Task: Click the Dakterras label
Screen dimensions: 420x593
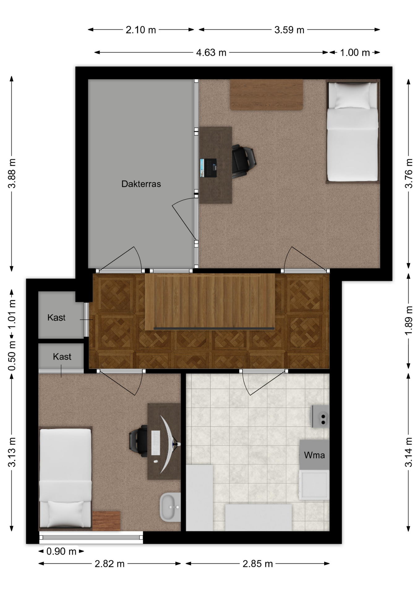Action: [x=141, y=184]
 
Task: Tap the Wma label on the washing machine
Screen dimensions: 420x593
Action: [x=314, y=455]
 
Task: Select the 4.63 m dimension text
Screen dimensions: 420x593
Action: [x=211, y=53]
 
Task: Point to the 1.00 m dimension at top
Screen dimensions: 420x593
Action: [x=355, y=53]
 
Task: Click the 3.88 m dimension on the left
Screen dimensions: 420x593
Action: [x=12, y=173]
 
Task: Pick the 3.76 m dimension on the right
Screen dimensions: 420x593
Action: [x=409, y=173]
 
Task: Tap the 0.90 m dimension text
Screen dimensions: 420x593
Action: [x=61, y=551]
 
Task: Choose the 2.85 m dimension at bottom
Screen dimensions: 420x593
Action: [x=258, y=564]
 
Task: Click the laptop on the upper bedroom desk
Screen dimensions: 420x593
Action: [x=208, y=168]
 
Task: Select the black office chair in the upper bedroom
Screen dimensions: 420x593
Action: [x=244, y=161]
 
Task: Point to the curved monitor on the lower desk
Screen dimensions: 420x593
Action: [x=169, y=444]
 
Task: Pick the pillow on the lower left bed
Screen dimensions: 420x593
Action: [x=66, y=514]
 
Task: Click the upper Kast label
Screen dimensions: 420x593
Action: [x=56, y=318]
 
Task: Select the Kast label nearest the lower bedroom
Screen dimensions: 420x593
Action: [x=62, y=357]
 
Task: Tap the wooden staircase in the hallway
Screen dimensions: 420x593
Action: [x=210, y=302]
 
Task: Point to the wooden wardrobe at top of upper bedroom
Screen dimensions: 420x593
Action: [x=266, y=95]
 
